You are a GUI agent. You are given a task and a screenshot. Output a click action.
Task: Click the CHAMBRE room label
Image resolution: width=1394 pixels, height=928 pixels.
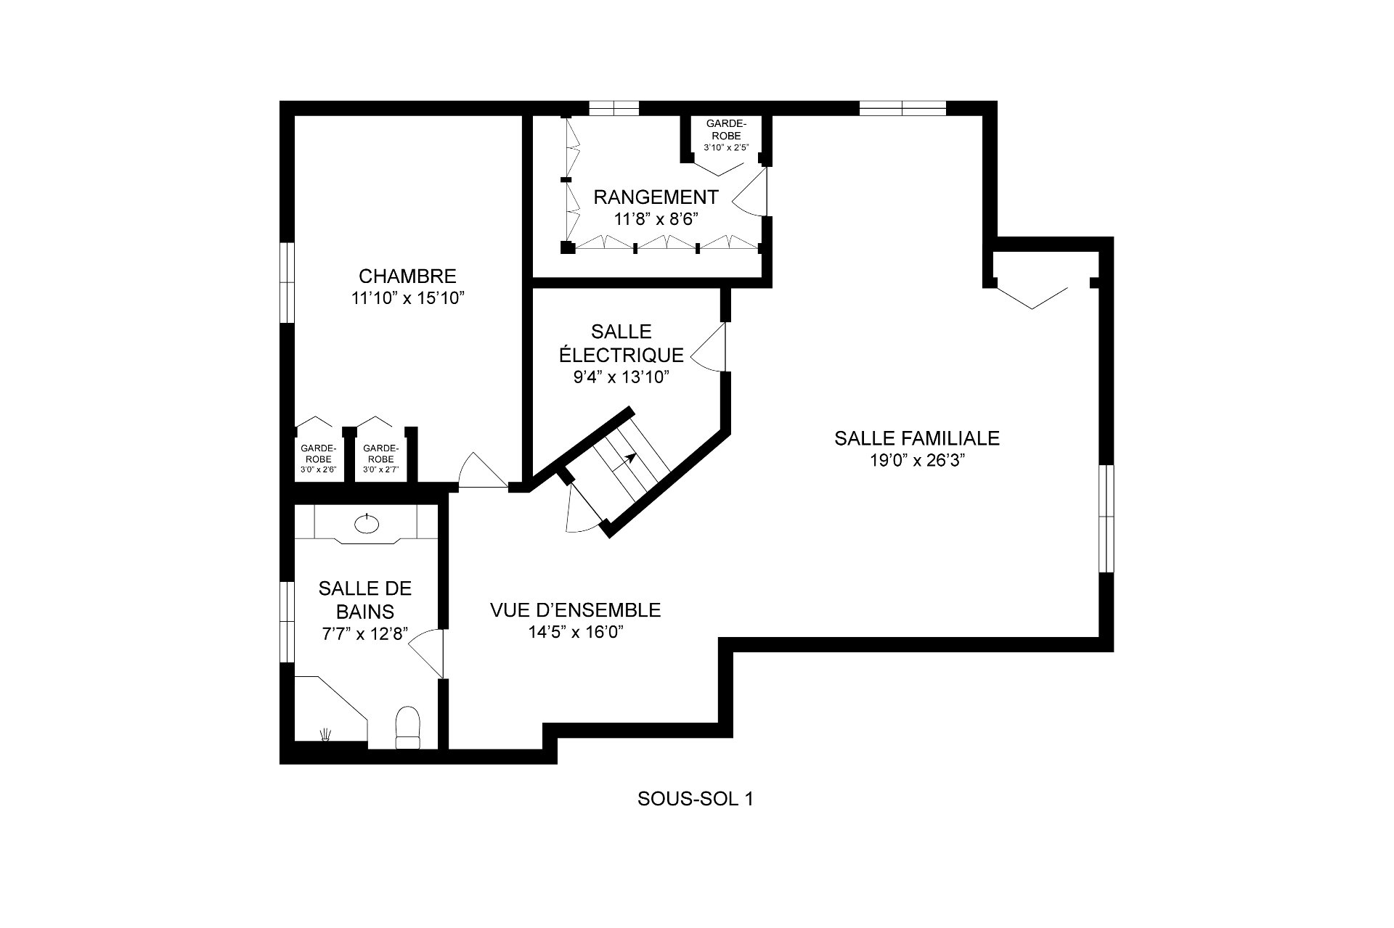[x=407, y=276]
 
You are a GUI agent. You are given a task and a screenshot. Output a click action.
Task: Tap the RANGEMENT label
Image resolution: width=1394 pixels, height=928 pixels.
[x=656, y=197]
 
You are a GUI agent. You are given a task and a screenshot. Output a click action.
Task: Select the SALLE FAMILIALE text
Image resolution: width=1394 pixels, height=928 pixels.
[x=917, y=438]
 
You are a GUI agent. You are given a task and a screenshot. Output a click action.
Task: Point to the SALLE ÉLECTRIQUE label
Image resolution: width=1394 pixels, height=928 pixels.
[x=621, y=343]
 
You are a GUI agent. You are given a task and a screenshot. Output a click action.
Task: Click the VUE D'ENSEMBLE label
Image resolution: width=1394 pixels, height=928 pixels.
[x=576, y=610]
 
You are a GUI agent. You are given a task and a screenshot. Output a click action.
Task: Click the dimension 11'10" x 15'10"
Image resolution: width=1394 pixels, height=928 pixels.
[x=407, y=298]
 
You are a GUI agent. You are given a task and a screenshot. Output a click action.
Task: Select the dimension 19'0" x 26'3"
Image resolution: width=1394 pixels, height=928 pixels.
[x=917, y=461]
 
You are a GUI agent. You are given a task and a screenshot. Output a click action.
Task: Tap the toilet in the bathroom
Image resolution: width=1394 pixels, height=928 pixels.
[x=407, y=726]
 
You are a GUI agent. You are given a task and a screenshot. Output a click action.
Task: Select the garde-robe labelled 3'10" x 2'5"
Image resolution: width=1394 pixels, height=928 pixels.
[x=724, y=135]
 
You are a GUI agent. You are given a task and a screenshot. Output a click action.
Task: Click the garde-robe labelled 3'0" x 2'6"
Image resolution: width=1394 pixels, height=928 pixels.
[x=318, y=459]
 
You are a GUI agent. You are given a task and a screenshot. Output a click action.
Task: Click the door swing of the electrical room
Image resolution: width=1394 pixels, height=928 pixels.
[x=709, y=347]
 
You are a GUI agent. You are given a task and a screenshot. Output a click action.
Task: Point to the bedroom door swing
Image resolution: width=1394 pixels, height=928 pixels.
[x=483, y=470]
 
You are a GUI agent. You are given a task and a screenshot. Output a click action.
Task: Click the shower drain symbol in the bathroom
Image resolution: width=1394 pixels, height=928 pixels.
[x=327, y=734]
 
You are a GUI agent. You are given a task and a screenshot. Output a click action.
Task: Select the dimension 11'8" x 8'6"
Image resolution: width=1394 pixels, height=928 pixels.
[x=656, y=219]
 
